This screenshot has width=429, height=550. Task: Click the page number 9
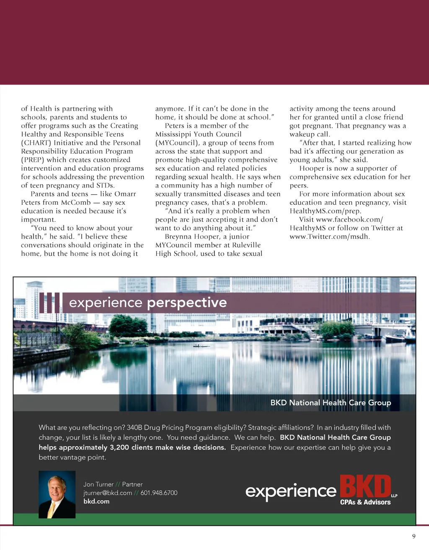tap(413, 536)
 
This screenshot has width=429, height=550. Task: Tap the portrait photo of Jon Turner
tap(57, 494)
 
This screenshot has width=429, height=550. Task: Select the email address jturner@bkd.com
tap(107, 493)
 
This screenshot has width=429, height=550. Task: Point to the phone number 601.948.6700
tap(159, 493)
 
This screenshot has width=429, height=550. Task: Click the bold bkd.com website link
tap(96, 501)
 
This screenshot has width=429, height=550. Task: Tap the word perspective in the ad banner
tap(187, 302)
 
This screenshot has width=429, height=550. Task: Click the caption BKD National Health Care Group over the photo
tap(331, 403)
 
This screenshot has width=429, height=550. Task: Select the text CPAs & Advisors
tap(365, 502)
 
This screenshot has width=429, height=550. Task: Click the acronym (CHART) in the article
tap(36, 143)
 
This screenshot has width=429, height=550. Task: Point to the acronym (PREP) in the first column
tap(33, 160)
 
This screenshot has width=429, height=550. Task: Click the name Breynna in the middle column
tap(178, 236)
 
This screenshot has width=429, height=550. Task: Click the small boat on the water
tap(202, 346)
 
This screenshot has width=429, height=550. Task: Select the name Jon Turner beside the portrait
tap(98, 484)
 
